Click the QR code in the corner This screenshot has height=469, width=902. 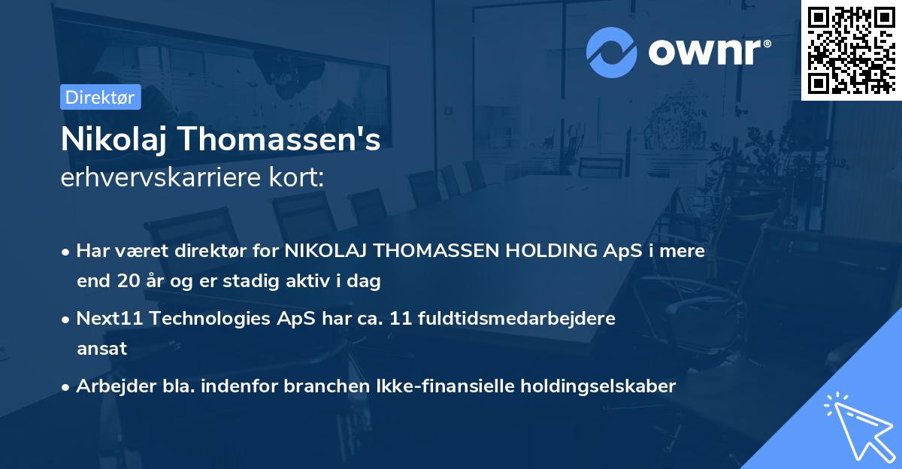pos(851,50)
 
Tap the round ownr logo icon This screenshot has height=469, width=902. pos(611,53)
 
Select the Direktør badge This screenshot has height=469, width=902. pos(100,97)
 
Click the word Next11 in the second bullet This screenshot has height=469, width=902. pos(110,319)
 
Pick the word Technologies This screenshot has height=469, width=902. pos(212,319)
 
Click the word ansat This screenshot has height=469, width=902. pos(101,349)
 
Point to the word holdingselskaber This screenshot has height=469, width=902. pos(601,386)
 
